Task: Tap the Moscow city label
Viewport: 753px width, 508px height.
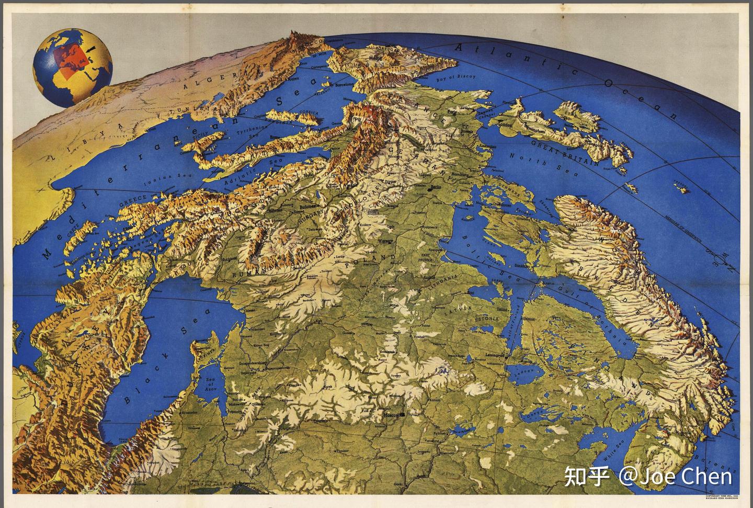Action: [x=392, y=415]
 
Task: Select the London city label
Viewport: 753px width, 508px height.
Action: [x=506, y=126]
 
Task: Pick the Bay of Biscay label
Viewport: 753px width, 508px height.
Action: [x=456, y=77]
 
